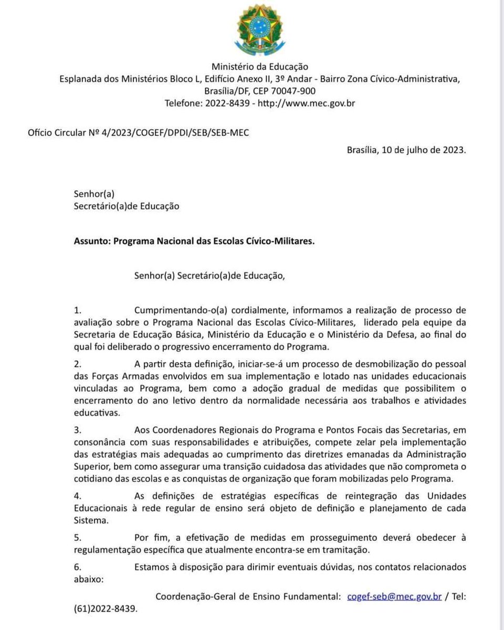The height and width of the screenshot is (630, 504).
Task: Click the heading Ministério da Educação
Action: (259, 67)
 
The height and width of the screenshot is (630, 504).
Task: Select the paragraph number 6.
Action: (77, 566)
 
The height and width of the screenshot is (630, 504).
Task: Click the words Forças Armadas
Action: (124, 377)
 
